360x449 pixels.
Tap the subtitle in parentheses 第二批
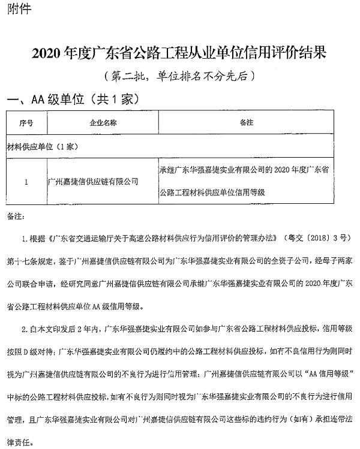179,76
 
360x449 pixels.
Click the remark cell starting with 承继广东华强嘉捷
246,180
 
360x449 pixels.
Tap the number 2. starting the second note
25,328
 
